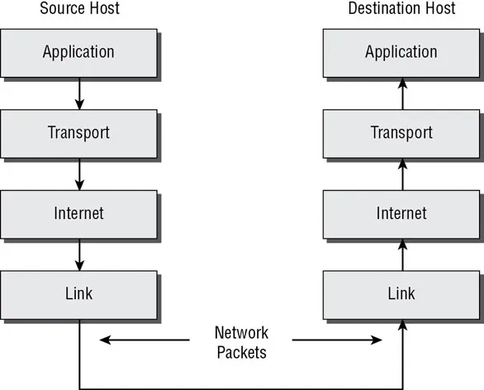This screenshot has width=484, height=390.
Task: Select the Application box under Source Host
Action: [x=79, y=52]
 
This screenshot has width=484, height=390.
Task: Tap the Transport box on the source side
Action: [x=79, y=132]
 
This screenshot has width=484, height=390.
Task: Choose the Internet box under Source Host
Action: [x=79, y=213]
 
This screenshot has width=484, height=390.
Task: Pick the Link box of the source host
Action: [x=79, y=293]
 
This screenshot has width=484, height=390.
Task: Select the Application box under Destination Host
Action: [x=401, y=52]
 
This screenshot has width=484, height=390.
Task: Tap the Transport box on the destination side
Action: [x=401, y=132]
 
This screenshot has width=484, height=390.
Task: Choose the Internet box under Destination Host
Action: [x=401, y=213]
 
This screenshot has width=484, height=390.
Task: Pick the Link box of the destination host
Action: [x=401, y=293]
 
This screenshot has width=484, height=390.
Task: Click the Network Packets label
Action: [x=241, y=343]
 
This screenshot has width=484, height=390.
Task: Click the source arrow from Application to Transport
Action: [x=79, y=93]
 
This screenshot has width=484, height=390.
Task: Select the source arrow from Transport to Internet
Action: [x=79, y=173]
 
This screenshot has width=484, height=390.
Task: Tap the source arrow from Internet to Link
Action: [x=79, y=254]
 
